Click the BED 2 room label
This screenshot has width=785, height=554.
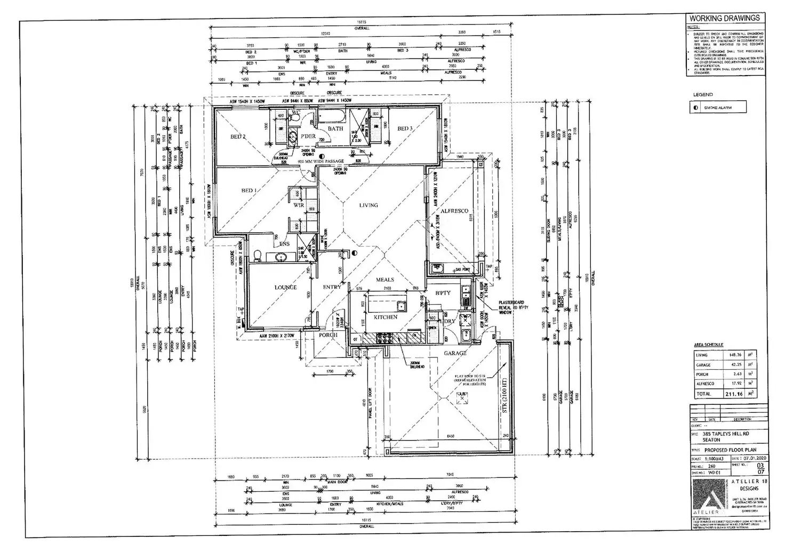point(237,137)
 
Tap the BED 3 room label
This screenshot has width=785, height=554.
point(405,128)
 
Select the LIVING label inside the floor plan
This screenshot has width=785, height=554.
point(368,205)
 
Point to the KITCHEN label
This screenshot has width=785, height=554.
point(385,317)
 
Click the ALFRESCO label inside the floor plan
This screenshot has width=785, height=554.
point(454,211)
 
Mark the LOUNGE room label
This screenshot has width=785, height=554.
point(285,288)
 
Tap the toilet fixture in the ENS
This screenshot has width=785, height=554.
point(258,256)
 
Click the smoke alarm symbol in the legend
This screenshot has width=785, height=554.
point(696,108)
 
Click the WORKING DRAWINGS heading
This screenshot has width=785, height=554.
point(725,18)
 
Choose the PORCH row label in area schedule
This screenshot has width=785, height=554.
point(703,374)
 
